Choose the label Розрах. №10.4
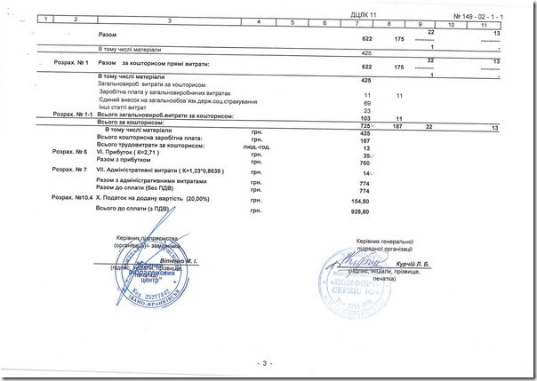pyautogui.click(x=71, y=196)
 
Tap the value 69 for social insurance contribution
pyautogui.click(x=367, y=102)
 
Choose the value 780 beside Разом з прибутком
pyautogui.click(x=365, y=162)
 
